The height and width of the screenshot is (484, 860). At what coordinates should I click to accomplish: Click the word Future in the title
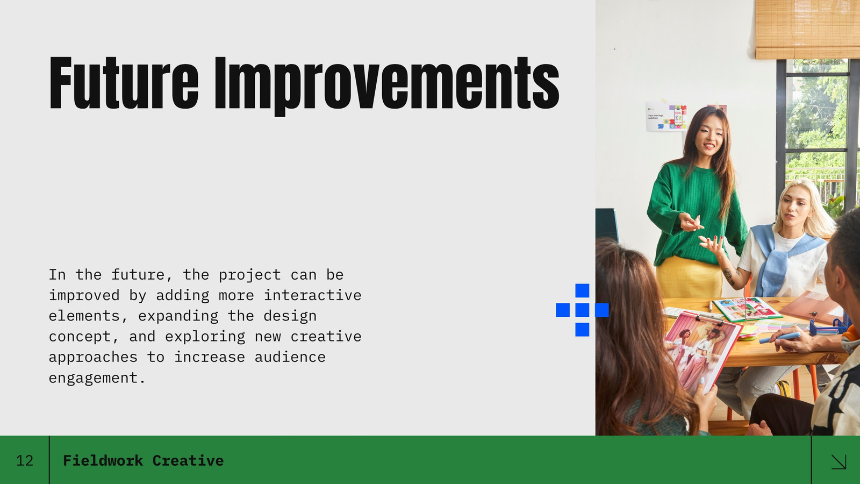[x=124, y=83]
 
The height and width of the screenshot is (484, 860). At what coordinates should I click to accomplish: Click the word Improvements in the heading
[x=387, y=86]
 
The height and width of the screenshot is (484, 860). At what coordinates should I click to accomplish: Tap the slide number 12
[x=25, y=460]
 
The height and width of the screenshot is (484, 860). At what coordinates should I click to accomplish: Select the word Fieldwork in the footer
[x=103, y=460]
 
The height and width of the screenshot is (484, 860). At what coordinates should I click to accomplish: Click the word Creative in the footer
[x=188, y=460]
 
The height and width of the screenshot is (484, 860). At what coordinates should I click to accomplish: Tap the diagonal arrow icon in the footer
[x=838, y=462]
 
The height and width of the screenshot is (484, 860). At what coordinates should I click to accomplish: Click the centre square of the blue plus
[x=582, y=310]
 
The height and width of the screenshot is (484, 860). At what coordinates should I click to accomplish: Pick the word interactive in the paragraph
[x=312, y=295]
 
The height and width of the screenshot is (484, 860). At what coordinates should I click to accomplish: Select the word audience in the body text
[x=290, y=357]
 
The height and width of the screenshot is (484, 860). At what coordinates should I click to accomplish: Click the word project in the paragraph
[x=249, y=275]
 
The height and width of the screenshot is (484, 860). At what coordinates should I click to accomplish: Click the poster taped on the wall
[x=666, y=116]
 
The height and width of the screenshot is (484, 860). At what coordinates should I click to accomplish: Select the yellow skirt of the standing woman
[x=689, y=277]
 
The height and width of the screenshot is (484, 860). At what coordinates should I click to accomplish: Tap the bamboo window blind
[x=807, y=29]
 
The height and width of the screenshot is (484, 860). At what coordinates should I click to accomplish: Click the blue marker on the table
[x=780, y=338]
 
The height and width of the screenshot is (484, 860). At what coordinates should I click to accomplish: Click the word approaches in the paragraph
[x=93, y=358]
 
